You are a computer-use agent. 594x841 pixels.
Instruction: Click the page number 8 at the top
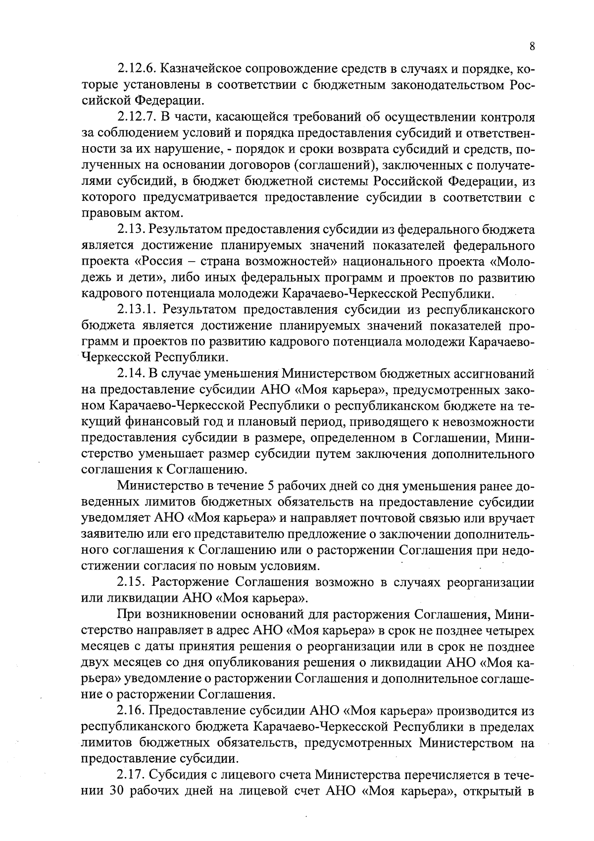pyautogui.click(x=532, y=46)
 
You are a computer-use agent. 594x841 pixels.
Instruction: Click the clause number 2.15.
pyautogui.click(x=131, y=582)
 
